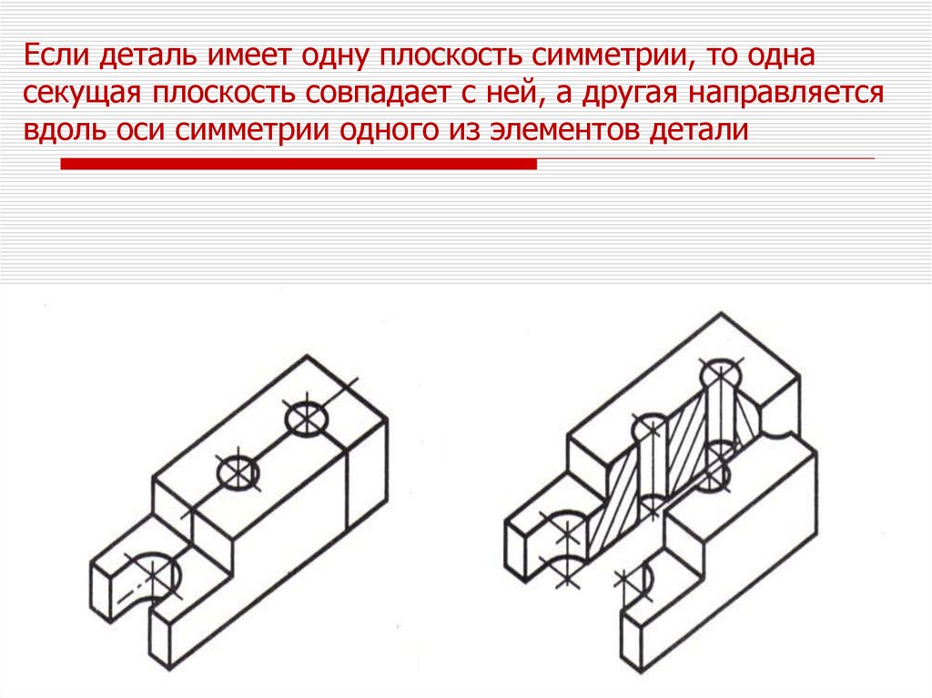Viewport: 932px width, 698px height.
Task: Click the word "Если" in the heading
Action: click(x=56, y=56)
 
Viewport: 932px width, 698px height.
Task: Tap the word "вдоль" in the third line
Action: click(x=65, y=129)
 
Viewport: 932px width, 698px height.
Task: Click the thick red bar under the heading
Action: click(x=299, y=164)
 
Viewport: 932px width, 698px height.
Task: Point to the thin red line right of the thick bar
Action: click(x=706, y=158)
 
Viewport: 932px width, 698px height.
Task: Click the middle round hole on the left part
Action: click(x=238, y=474)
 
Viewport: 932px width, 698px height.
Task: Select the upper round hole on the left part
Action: click(x=307, y=420)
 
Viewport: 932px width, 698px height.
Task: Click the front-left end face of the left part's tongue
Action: click(x=101, y=592)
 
